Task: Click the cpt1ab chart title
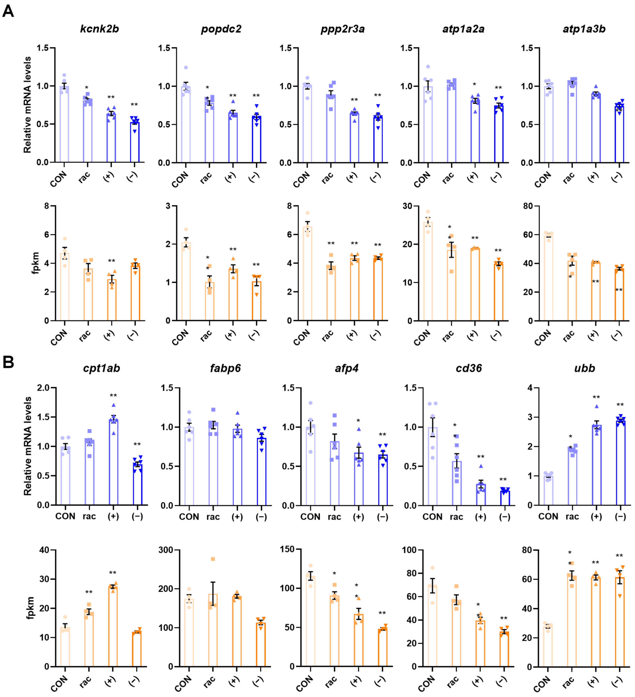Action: click(101, 368)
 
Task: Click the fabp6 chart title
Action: click(225, 368)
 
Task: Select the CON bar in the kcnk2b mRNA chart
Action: click(64, 125)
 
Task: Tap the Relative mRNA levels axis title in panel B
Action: click(28, 446)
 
